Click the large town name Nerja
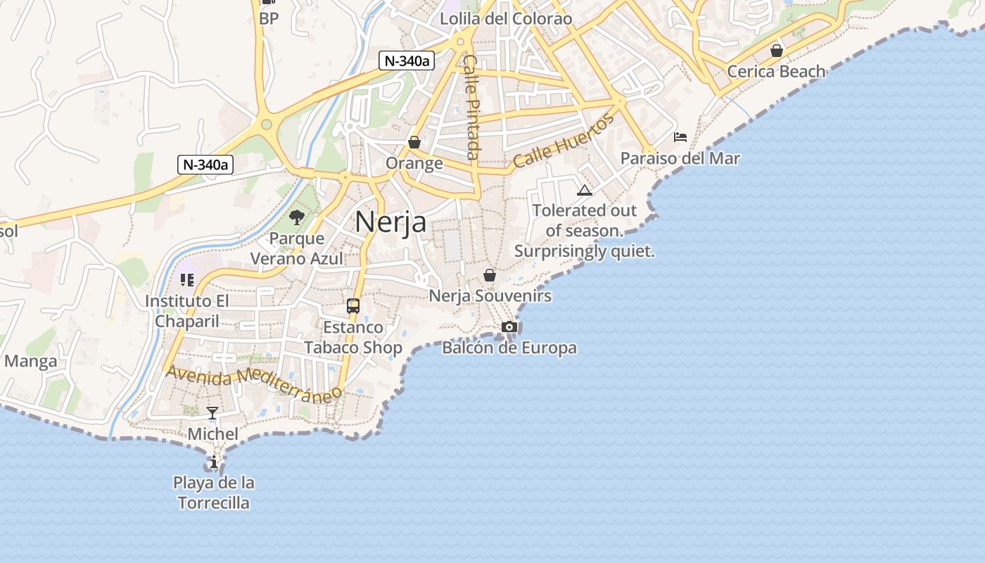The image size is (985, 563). pos(390,222)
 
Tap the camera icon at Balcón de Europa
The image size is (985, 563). pos(509,327)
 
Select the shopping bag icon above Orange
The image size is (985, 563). pos(414,142)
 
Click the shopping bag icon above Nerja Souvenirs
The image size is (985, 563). pos(490,274)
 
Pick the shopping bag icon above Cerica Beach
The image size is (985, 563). pos(777,51)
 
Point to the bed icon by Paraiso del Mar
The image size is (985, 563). pos(680,137)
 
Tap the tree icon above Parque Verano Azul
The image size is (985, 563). pos(297,217)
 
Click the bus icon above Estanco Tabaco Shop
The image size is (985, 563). pos(353,306)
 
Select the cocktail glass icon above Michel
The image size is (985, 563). pos(212,412)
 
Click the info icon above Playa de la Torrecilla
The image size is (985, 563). pos(214,462)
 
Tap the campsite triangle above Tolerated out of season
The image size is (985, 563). pos(584,190)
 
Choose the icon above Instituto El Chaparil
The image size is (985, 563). pos(186,280)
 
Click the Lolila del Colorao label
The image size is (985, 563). pos(506,18)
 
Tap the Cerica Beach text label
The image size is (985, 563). pos(776,71)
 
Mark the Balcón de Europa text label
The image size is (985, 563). pos(509,348)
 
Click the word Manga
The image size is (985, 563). pos(30,362)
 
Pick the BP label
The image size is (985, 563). pos(269,18)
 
